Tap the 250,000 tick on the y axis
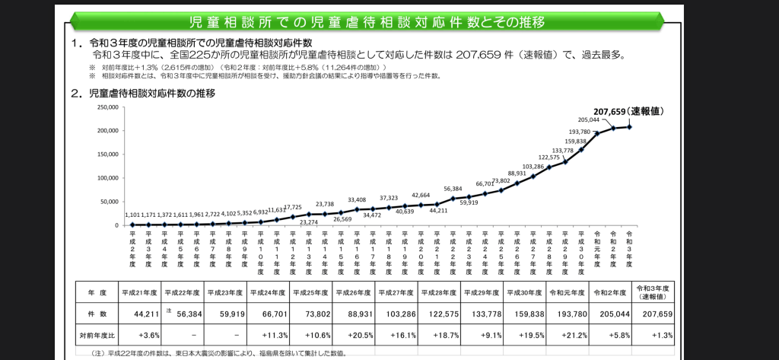107,107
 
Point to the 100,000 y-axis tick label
107,178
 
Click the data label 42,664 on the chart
420,195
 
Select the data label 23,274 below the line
309,221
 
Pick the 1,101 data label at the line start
133,215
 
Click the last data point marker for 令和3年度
629,127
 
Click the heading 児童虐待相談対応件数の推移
152,94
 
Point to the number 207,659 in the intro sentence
482,55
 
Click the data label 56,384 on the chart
453,189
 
